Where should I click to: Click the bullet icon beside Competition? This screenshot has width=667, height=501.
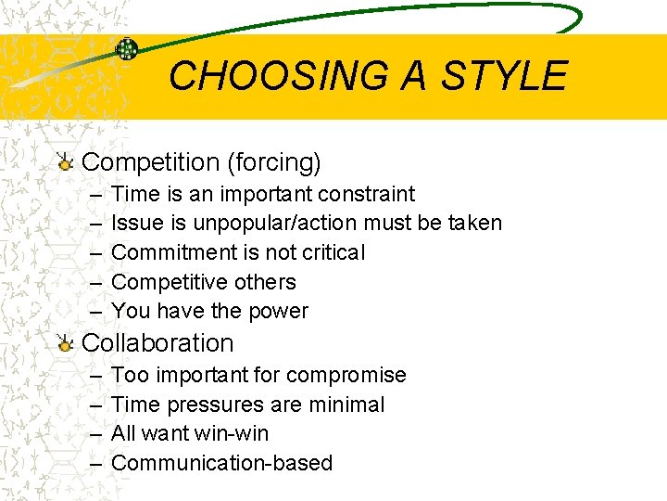[x=65, y=163]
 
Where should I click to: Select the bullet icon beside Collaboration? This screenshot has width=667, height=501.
[x=65, y=344]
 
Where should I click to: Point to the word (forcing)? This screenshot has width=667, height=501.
[x=273, y=163]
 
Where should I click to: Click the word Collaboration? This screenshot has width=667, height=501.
[x=157, y=343]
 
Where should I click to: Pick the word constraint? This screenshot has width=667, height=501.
[x=366, y=194]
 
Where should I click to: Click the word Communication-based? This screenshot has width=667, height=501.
[x=221, y=464]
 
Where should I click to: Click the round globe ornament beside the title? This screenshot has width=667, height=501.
[x=127, y=50]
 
